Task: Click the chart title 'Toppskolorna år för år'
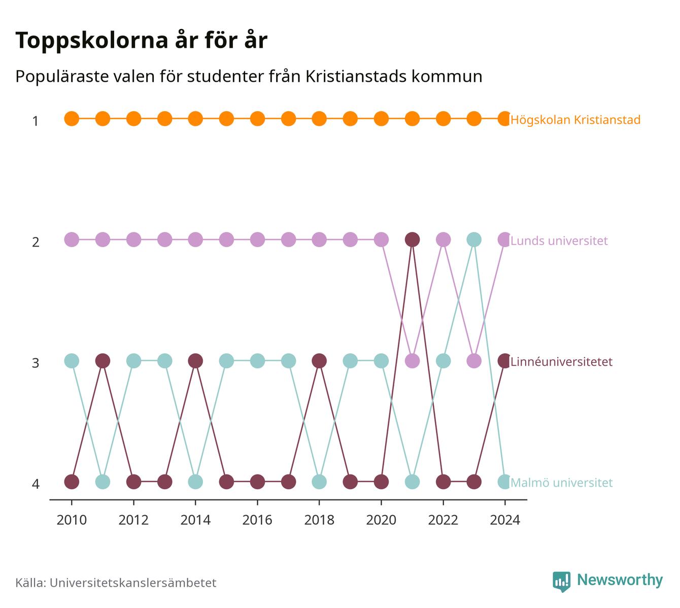tap(141, 40)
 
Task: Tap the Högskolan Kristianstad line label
tap(575, 120)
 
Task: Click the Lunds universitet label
tap(559, 241)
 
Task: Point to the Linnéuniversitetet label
tap(561, 361)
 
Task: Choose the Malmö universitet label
tap(561, 483)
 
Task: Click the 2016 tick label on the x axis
tap(257, 520)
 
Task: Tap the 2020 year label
tap(381, 520)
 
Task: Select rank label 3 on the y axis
tap(36, 363)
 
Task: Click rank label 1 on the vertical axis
tap(36, 121)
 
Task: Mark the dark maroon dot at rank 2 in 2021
tap(412, 240)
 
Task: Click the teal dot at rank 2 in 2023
tap(474, 240)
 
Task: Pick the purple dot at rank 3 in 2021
tap(412, 361)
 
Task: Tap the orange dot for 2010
tap(72, 119)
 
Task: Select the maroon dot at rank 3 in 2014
tap(195, 361)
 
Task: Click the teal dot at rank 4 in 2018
tap(319, 482)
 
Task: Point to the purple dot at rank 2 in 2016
tap(257, 240)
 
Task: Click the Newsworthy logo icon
tap(561, 582)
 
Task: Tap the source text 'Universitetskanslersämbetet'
tap(133, 583)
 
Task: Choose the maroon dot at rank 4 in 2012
tap(133, 482)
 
